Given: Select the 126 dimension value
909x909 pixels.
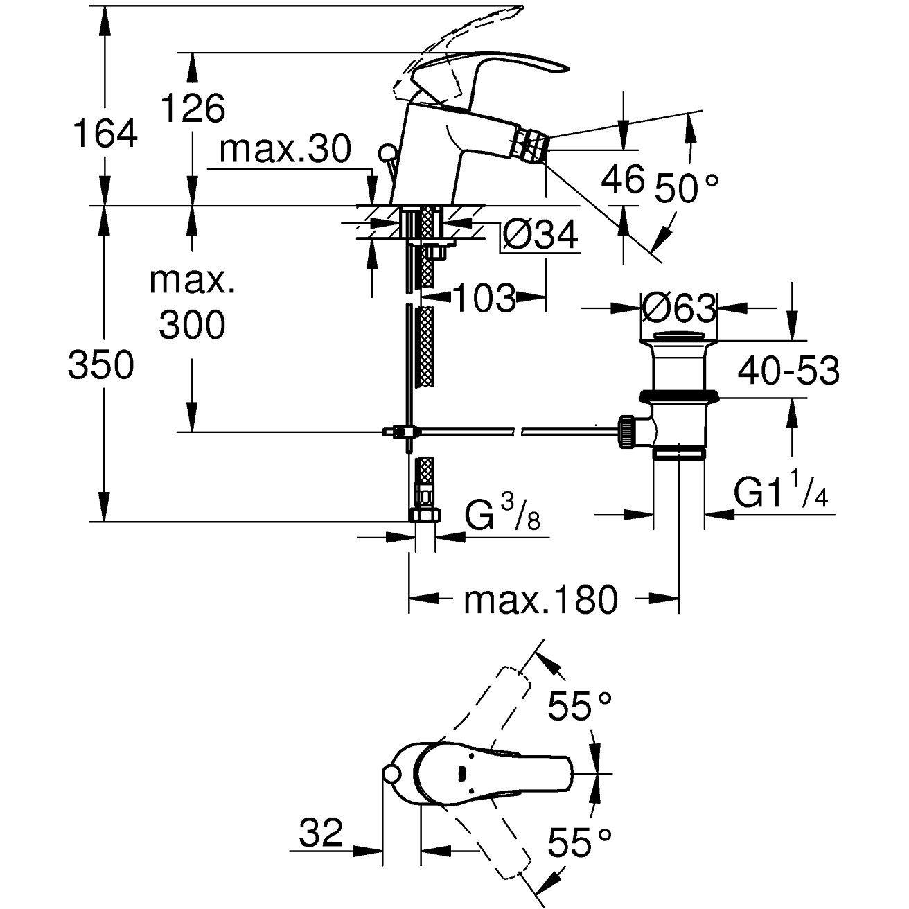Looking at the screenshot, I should [x=193, y=109].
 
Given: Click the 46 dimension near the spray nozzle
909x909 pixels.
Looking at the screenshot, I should [x=622, y=180].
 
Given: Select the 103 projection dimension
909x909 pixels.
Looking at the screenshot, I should [x=484, y=299].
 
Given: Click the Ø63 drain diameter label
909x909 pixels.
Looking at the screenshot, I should [x=678, y=308].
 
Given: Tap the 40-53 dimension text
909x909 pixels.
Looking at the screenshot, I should [x=788, y=371].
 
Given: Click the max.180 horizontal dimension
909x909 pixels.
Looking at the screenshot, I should [x=540, y=599].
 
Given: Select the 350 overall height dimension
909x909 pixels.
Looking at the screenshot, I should [x=100, y=365].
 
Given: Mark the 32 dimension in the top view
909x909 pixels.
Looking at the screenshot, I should [x=321, y=832].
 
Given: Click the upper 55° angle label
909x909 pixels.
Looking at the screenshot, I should [x=581, y=707].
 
